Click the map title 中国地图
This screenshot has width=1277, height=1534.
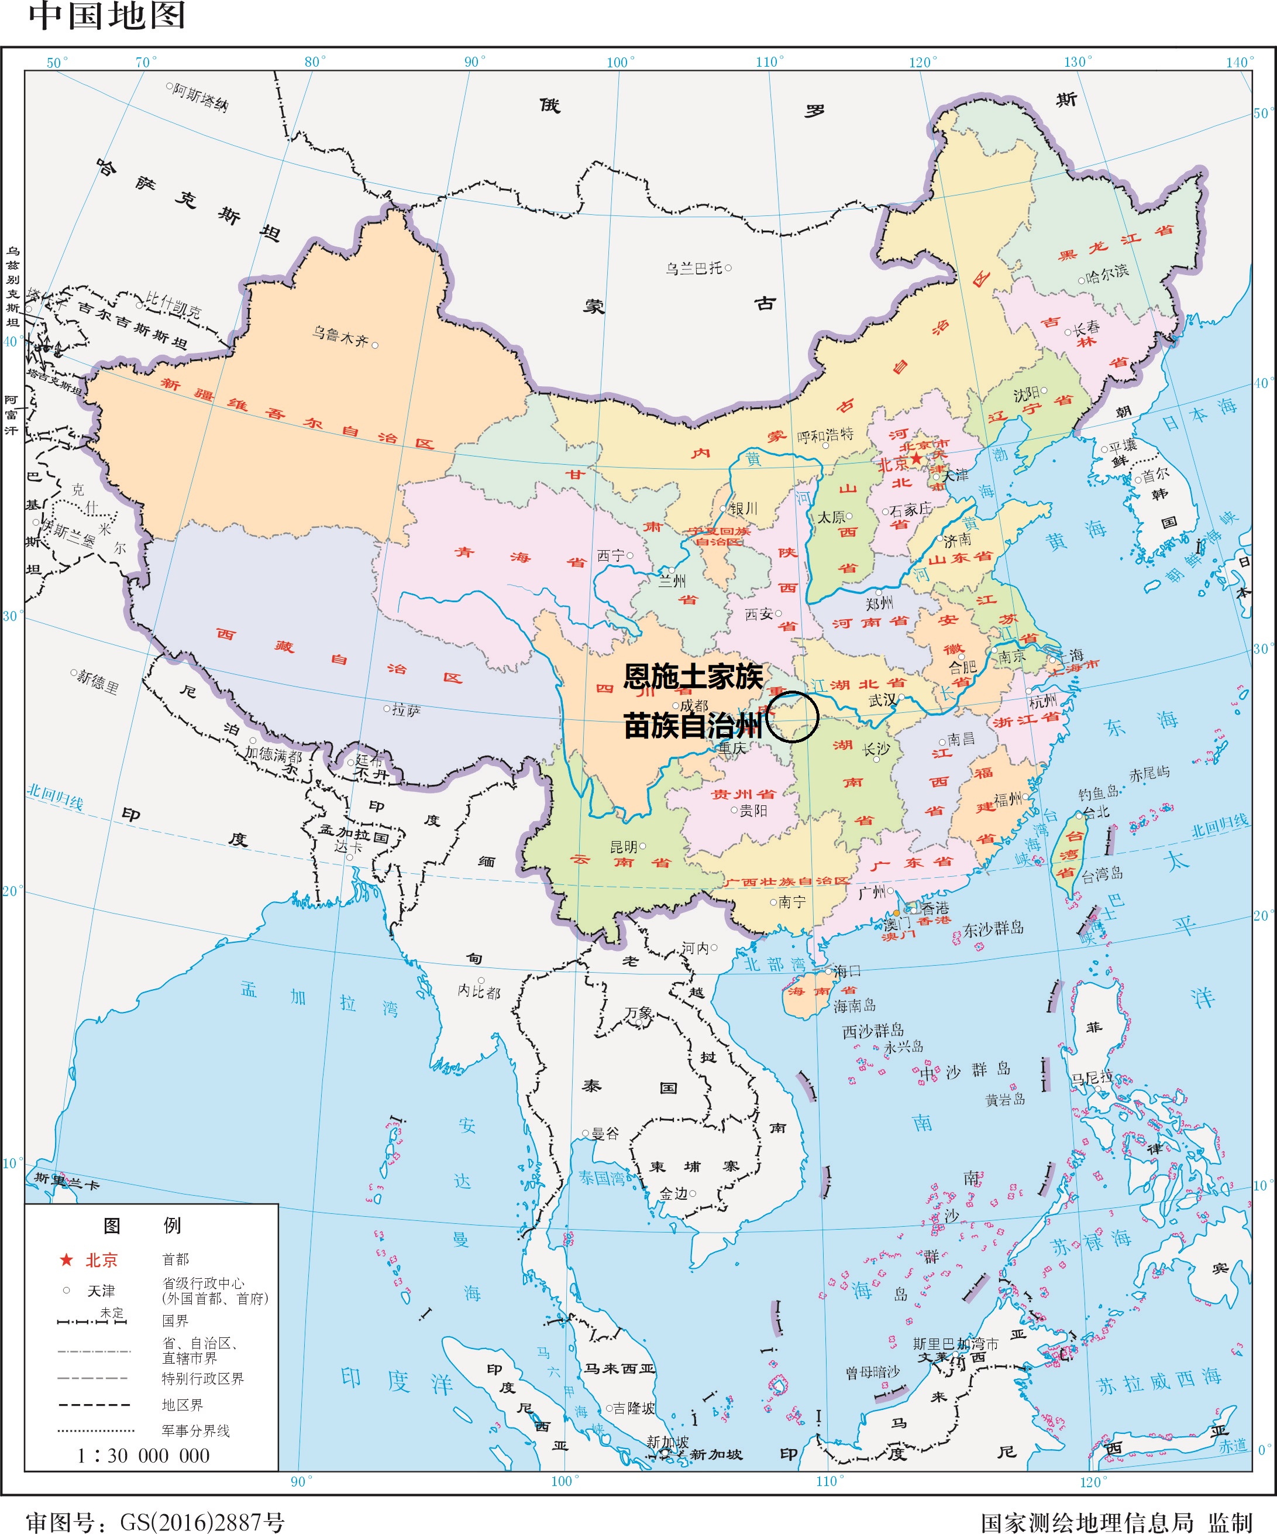(106, 16)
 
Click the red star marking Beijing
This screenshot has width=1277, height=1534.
(915, 458)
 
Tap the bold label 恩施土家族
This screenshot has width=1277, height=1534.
(693, 677)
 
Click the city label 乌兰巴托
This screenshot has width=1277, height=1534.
(694, 268)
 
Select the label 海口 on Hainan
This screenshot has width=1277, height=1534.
(847, 971)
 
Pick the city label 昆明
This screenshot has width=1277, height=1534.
(624, 847)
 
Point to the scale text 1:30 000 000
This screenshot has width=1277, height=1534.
(144, 1455)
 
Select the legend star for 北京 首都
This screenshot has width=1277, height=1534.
(67, 1260)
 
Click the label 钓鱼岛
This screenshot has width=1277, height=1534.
(1098, 792)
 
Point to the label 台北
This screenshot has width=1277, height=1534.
(1095, 812)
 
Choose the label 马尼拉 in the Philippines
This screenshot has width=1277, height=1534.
(1092, 1077)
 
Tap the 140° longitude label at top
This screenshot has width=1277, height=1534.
(1239, 62)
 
